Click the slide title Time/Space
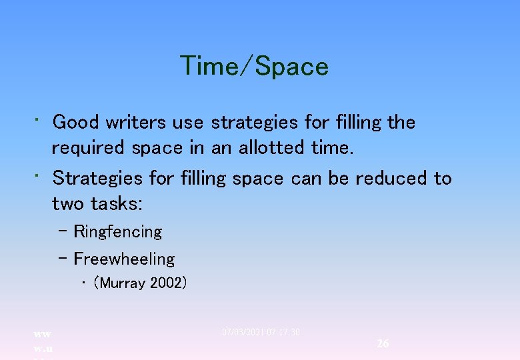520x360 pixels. coord(254,67)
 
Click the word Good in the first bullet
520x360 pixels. coord(75,123)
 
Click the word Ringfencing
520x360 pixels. coord(118,232)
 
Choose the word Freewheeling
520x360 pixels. coord(124,259)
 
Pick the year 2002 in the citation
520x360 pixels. coord(169,283)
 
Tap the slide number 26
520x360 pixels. coord(383,343)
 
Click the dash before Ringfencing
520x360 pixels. coord(63,231)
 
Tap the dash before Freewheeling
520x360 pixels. coord(63,259)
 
